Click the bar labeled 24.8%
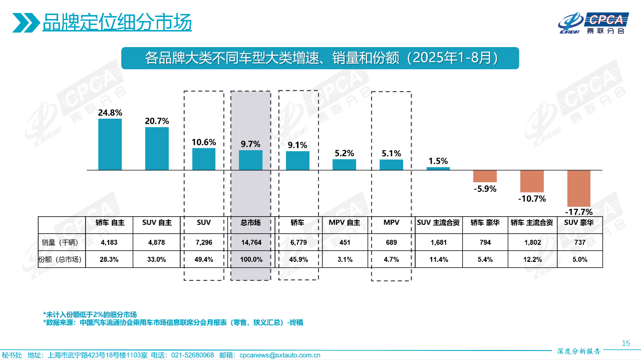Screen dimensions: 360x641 tap(110, 144)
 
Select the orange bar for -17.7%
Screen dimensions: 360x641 tap(578, 188)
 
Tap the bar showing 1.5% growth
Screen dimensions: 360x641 tap(438, 169)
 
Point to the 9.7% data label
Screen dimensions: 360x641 tap(250, 144)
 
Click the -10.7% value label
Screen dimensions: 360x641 tap(531, 198)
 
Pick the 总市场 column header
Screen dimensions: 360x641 tap(251, 223)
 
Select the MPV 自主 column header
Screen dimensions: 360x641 tap(345, 223)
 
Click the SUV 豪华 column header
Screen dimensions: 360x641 tap(579, 223)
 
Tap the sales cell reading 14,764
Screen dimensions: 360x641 tap(251, 242)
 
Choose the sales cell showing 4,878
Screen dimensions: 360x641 tap(157, 242)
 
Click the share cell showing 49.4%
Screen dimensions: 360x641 tap(204, 259)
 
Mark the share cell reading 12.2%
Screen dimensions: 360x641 tap(532, 259)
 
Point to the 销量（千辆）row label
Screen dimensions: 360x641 tap(62, 242)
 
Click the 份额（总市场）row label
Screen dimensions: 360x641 tap(62, 259)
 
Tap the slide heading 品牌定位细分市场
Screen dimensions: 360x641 tap(117, 23)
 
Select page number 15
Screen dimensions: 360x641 tap(625, 343)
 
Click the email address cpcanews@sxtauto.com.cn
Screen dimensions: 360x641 tap(280, 355)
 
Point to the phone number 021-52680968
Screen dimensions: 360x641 tap(193, 355)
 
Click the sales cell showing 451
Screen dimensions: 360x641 tap(345, 242)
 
